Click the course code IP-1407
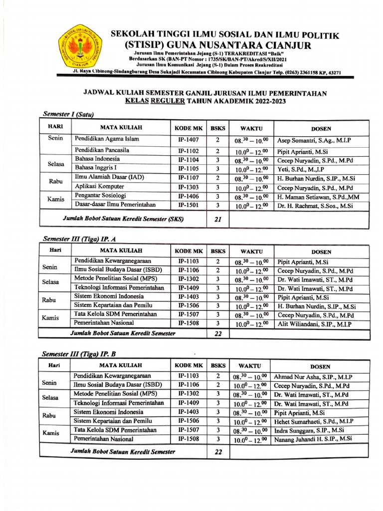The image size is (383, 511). [188, 140]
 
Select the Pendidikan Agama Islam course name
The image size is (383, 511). [107, 139]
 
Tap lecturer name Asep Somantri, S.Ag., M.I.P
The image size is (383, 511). [314, 141]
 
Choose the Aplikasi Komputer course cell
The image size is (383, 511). [98, 187]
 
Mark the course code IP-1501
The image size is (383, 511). [188, 205]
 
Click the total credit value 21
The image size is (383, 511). [217, 219]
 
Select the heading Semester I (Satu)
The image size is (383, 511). [68, 115]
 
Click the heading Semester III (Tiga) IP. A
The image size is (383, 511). [80, 239]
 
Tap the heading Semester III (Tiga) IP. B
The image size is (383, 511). [79, 354]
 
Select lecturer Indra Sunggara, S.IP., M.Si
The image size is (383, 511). [309, 431]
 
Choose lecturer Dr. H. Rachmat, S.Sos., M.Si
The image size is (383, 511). [315, 205]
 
